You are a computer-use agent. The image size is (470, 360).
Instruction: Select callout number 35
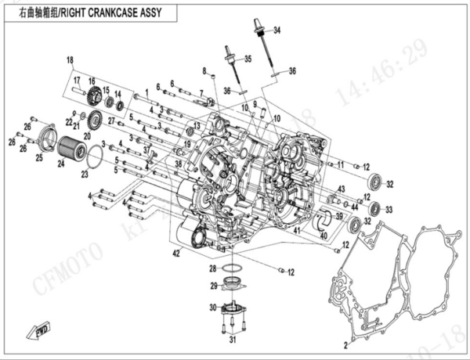248,59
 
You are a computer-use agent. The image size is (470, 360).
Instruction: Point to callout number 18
69,60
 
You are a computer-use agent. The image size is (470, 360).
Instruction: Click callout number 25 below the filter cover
38,157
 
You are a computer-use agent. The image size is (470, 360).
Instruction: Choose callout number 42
176,251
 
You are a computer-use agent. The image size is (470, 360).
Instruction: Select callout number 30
212,306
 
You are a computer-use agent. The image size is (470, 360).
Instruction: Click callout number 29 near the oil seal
212,285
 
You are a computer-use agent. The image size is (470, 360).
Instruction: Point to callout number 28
213,268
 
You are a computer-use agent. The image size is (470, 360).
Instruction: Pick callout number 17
78,80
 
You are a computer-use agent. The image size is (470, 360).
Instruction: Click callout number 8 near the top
204,70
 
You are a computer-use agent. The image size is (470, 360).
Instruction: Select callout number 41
296,232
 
